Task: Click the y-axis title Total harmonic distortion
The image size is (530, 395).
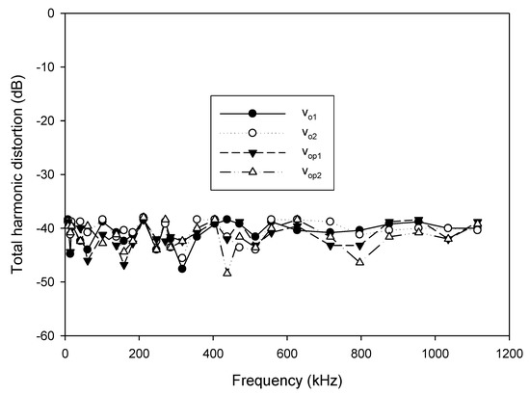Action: pos(16,173)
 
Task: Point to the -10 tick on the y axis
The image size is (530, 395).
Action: pos(42,66)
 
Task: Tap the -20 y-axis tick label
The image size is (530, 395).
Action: pos(42,120)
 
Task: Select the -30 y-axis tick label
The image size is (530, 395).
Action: pos(42,174)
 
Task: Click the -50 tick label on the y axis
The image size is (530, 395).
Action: pos(42,282)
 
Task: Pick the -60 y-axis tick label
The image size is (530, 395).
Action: pos(42,336)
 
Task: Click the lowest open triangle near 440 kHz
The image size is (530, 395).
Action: pos(227,272)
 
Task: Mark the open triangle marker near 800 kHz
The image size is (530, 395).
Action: pos(360,261)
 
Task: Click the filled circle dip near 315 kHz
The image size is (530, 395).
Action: pos(182,269)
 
